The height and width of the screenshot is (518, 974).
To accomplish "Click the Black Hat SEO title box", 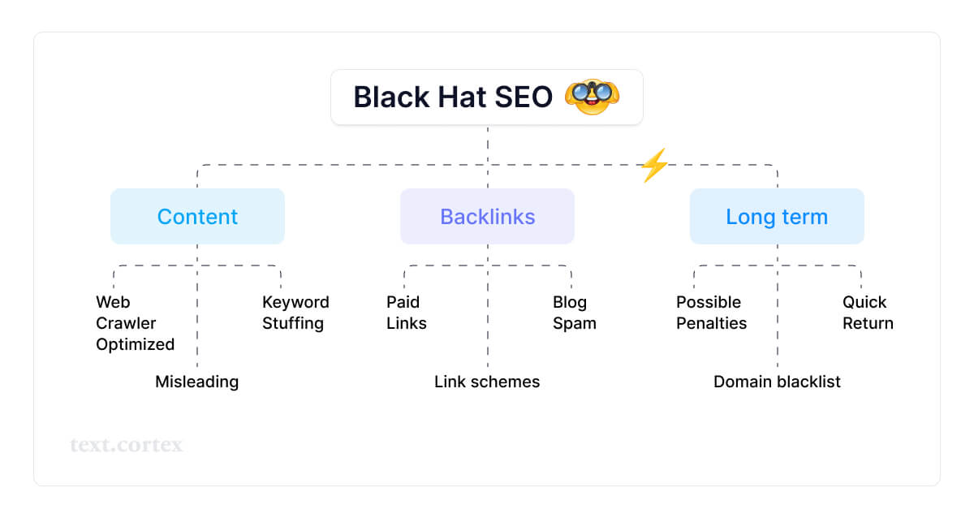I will point(486,97).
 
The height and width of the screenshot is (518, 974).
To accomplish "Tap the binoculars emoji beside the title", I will point(591,97).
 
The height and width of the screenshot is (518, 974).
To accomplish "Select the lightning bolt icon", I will point(654,165).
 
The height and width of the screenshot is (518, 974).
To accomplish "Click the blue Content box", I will point(197,217).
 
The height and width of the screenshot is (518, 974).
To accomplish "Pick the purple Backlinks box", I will point(487,217).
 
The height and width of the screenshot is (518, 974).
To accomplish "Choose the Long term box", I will point(777,217).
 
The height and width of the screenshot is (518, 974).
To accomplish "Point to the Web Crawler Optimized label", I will point(135,323).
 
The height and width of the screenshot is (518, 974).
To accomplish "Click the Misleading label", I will point(196,382).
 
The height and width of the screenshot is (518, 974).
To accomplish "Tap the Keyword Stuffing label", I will point(295,313).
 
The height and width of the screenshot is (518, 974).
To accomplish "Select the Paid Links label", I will point(406,313).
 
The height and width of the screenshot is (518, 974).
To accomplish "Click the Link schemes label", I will point(487,382).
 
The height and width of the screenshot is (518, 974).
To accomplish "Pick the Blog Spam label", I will point(575,313).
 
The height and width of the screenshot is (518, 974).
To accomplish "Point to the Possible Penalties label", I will point(711,313).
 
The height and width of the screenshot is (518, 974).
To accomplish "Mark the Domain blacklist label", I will point(777,382).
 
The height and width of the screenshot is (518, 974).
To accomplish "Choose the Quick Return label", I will point(868,313).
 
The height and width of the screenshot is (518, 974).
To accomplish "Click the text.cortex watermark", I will point(127,445).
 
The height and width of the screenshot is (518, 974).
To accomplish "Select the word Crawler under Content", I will point(126,323).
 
